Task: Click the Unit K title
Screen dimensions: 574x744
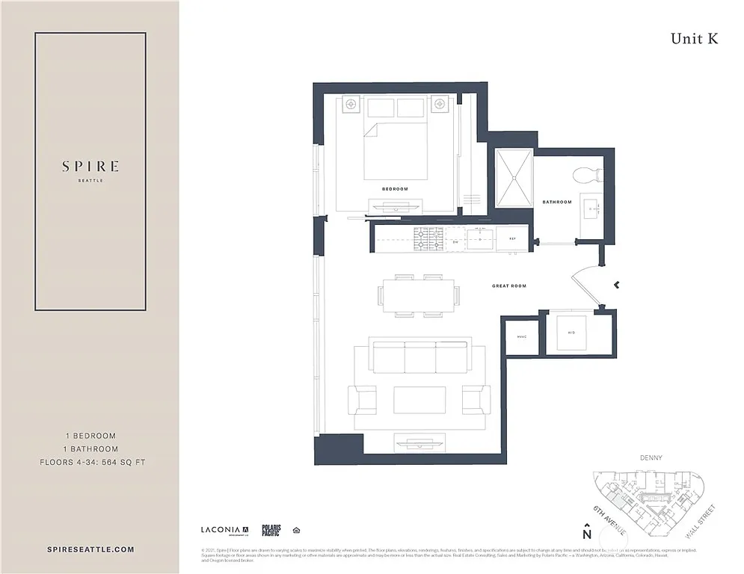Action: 694,39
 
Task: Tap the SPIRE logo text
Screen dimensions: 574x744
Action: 90,167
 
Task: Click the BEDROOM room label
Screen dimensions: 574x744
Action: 395,189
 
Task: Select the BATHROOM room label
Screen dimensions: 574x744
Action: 557,202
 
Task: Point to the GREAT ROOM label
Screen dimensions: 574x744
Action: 509,286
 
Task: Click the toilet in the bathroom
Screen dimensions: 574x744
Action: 587,174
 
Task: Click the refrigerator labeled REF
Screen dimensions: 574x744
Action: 513,239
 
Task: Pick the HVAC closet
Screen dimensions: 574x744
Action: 522,336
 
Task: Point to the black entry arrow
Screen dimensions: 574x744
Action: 616,285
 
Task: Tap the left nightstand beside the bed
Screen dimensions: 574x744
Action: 351,105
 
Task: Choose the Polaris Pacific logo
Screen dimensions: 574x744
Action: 271,530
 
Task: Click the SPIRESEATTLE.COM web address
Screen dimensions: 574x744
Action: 89,549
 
